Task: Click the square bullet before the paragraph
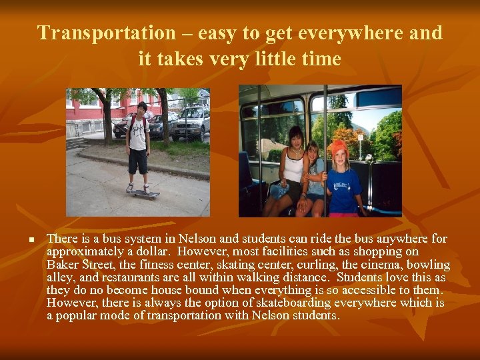pos(31,239)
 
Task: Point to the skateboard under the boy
pos(143,194)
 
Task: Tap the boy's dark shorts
pos(138,161)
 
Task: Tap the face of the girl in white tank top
pos(295,138)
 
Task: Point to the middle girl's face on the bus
pos(313,152)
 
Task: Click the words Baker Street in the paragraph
pos(71,265)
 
